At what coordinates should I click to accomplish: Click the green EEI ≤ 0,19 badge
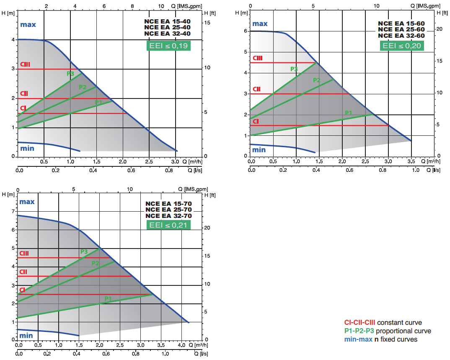click(168, 46)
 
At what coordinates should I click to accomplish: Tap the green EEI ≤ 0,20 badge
click(402, 46)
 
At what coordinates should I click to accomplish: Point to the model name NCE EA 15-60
click(401, 23)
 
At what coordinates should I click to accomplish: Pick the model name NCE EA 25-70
click(168, 210)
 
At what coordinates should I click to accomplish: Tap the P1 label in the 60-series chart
click(348, 113)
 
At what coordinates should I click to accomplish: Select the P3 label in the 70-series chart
click(84, 251)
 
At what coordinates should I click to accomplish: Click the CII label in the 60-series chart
click(256, 89)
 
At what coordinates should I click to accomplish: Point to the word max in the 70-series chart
click(27, 202)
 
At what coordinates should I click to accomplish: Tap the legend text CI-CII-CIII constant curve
click(383, 323)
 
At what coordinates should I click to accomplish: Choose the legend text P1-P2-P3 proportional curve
click(387, 331)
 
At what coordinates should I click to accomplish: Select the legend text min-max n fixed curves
click(380, 339)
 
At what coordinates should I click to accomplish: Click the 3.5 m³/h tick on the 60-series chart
click(411, 161)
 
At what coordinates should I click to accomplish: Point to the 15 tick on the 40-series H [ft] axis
click(207, 22)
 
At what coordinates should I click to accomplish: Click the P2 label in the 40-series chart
click(83, 87)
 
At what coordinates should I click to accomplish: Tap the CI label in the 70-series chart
click(22, 290)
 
